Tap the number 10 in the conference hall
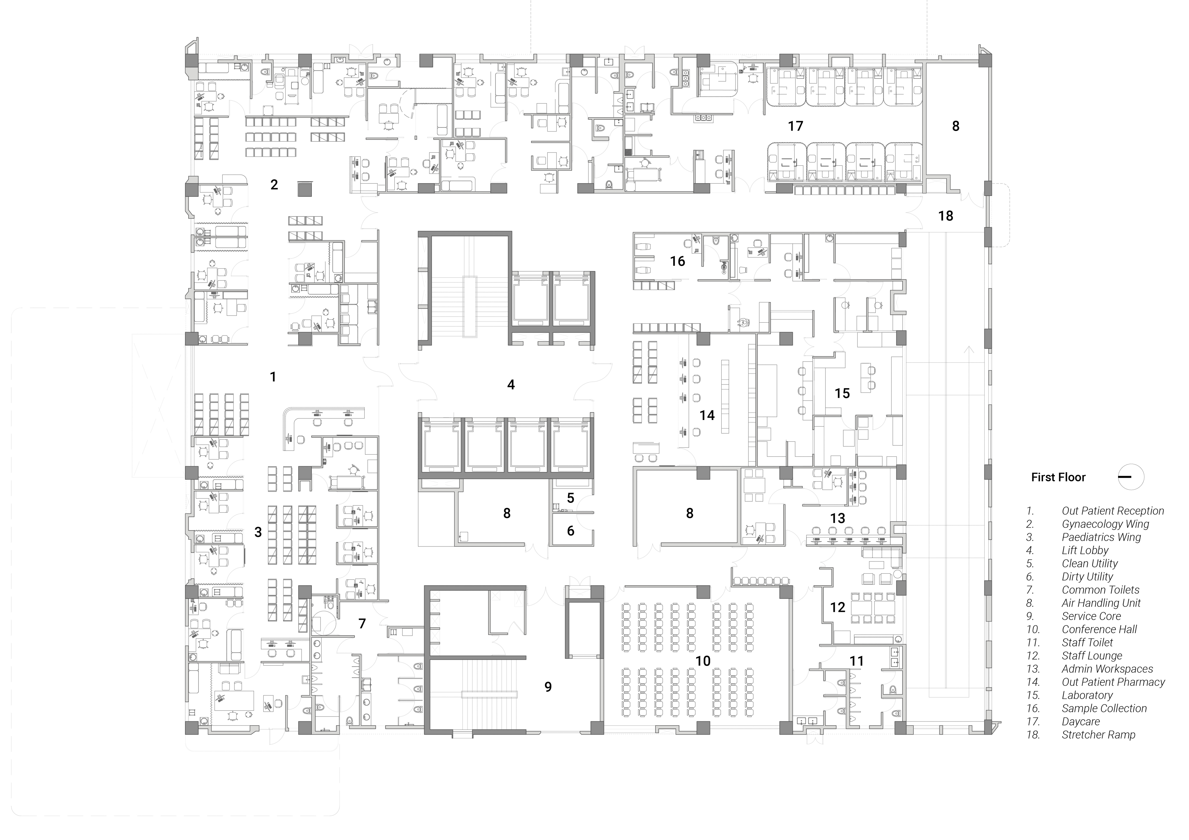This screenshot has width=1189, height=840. pyautogui.click(x=703, y=661)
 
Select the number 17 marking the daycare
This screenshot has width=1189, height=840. pyautogui.click(x=795, y=126)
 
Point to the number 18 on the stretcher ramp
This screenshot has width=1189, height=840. pyautogui.click(x=946, y=216)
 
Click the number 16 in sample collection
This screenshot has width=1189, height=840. pyautogui.click(x=677, y=261)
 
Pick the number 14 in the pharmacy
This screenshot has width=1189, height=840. pyautogui.click(x=707, y=415)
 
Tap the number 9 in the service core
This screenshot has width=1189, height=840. pyautogui.click(x=548, y=687)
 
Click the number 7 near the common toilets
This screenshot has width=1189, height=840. pyautogui.click(x=362, y=624)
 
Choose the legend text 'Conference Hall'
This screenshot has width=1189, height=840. pyautogui.click(x=1099, y=629)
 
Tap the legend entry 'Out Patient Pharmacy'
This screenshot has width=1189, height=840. pyautogui.click(x=1113, y=682)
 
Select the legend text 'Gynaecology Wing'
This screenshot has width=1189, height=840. pyautogui.click(x=1106, y=524)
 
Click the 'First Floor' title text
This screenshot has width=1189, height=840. pyautogui.click(x=1058, y=477)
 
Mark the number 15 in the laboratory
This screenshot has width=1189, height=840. pyautogui.click(x=842, y=393)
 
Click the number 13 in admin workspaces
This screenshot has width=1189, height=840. pyautogui.click(x=837, y=518)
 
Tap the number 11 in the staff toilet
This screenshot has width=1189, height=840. pyautogui.click(x=857, y=661)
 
